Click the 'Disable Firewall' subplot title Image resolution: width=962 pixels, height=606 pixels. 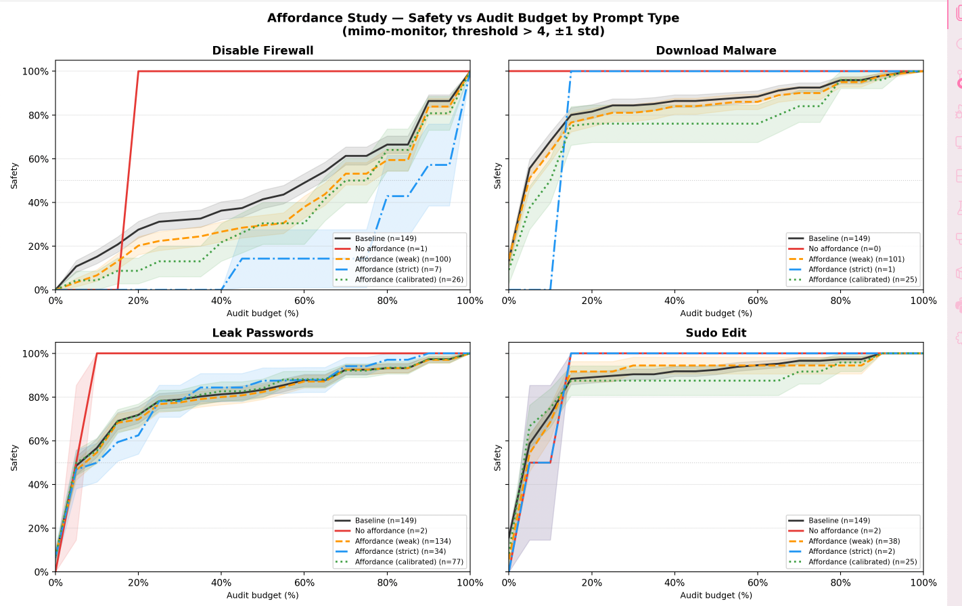[262, 51]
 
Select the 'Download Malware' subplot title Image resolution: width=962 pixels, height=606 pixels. [716, 51]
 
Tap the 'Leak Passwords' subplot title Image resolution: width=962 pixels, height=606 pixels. [262, 333]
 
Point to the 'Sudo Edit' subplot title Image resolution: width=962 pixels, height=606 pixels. [716, 333]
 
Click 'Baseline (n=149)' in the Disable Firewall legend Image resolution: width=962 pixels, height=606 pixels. [386, 239]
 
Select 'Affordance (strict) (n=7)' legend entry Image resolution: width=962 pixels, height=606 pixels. [398, 269]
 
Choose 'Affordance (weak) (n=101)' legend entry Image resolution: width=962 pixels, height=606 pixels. [856, 259]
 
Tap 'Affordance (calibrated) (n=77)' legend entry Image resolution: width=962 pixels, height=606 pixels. [409, 562]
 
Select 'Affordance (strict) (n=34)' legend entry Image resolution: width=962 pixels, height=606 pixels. [400, 552]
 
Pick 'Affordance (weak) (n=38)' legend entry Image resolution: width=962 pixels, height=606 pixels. [854, 542]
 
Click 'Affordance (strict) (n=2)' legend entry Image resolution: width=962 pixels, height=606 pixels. [851, 552]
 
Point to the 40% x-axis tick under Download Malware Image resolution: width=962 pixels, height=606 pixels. [674, 301]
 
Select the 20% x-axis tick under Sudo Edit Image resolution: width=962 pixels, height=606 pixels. [591, 583]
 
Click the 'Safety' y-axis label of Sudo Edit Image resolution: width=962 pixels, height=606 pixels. [498, 458]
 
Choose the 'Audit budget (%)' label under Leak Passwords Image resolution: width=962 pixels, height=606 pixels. [262, 595]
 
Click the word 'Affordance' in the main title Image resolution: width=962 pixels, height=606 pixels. [304, 18]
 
